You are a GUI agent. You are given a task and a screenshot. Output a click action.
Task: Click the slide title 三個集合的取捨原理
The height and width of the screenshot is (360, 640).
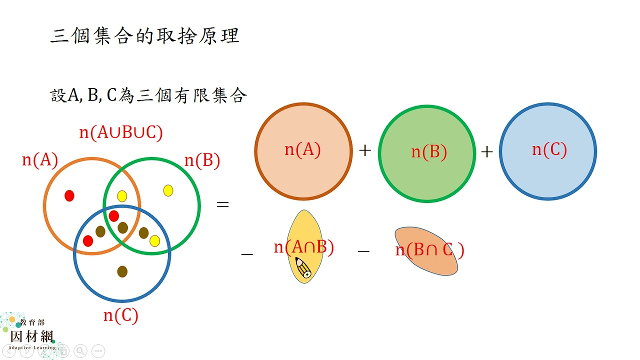[x=145, y=36]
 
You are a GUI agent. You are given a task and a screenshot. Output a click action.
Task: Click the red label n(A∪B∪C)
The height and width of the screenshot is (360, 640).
[x=121, y=132]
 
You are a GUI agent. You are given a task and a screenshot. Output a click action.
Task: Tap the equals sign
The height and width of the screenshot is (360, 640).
[x=223, y=204]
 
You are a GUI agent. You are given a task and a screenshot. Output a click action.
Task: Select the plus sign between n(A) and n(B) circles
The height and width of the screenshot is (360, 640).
[x=365, y=150]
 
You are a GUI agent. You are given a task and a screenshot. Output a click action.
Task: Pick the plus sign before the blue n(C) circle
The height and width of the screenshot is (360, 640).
[x=487, y=151]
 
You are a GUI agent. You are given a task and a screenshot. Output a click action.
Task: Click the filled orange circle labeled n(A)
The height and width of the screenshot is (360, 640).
[x=303, y=151]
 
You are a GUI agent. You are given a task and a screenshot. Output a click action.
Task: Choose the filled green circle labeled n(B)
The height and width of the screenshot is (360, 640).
[x=427, y=153]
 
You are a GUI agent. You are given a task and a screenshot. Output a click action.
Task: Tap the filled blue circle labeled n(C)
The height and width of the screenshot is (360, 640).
[x=548, y=151]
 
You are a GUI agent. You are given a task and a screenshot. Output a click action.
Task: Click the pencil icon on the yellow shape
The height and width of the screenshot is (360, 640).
[x=303, y=267]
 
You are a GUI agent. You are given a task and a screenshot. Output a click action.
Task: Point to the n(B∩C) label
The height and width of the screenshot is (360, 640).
[x=429, y=250]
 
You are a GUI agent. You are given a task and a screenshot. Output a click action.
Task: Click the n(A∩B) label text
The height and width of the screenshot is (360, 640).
[x=303, y=247]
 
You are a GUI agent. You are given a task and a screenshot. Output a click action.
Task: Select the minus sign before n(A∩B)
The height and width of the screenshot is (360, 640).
[x=247, y=253]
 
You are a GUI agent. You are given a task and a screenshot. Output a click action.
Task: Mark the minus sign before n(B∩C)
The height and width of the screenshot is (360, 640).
[x=363, y=251]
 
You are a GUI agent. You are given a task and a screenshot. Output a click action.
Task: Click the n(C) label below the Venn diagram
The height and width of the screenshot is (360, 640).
[x=121, y=315]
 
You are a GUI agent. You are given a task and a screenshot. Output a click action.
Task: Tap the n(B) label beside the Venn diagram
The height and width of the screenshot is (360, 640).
[x=202, y=160]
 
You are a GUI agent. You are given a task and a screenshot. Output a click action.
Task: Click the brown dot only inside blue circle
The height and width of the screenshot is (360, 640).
[x=122, y=271]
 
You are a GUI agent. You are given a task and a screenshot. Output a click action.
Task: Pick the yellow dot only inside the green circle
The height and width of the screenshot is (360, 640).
[x=168, y=190]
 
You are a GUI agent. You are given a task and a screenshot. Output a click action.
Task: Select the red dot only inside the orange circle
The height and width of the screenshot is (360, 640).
[x=69, y=195]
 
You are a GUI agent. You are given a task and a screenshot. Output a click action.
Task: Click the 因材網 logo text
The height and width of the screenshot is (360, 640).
[x=31, y=336]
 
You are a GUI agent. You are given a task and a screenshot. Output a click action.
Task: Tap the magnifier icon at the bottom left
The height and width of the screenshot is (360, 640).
[x=80, y=351]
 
